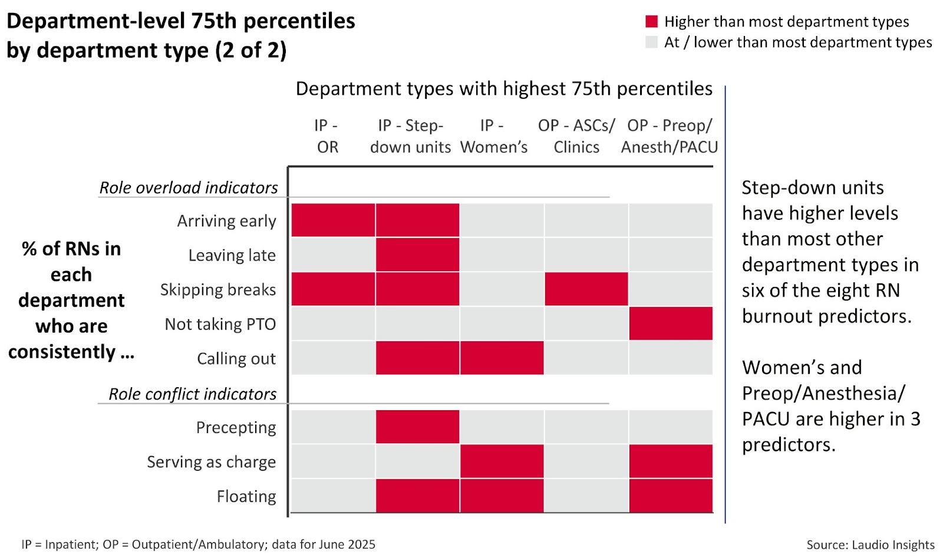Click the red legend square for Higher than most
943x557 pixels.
[651, 22]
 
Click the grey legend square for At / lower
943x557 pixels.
[651, 42]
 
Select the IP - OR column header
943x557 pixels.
[327, 136]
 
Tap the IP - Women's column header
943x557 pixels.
[493, 136]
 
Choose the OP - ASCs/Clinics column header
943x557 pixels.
[576, 136]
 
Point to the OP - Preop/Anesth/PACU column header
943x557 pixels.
[670, 136]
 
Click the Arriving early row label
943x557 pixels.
[226, 221]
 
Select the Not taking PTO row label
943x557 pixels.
[220, 324]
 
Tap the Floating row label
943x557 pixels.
[246, 496]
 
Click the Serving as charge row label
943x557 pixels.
[211, 462]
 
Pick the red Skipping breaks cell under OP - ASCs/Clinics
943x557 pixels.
[586, 289]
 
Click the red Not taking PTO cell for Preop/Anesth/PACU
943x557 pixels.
[670, 324]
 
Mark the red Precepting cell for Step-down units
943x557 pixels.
[417, 427]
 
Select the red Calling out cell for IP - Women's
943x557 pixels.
[502, 358]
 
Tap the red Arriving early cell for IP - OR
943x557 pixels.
[333, 220]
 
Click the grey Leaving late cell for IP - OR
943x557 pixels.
[333, 255]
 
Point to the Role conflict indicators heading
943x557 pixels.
[192, 394]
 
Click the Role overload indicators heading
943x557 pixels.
[188, 187]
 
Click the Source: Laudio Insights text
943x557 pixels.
[870, 545]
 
